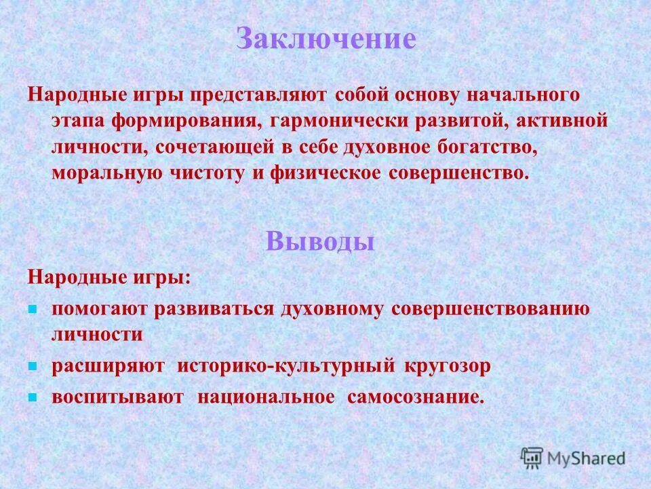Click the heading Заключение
coord(325,39)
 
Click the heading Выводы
coord(321,240)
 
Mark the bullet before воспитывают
coord(31,397)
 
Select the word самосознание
coord(416,397)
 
